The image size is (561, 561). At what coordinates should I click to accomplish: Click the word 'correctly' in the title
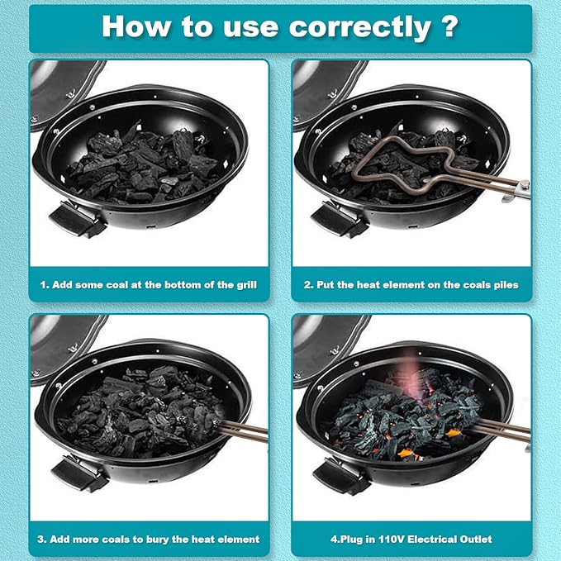pos(360,28)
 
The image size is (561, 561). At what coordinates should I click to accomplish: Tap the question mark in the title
pos(449,26)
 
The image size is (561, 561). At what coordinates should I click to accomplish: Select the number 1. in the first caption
pos(45,285)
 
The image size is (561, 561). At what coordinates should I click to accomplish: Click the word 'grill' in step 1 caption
pos(246,285)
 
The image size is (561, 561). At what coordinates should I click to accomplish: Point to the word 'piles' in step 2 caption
pos(507,285)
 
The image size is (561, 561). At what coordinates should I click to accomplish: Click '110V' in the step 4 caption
pos(392,540)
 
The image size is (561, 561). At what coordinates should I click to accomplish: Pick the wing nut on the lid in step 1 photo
pos(70,93)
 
